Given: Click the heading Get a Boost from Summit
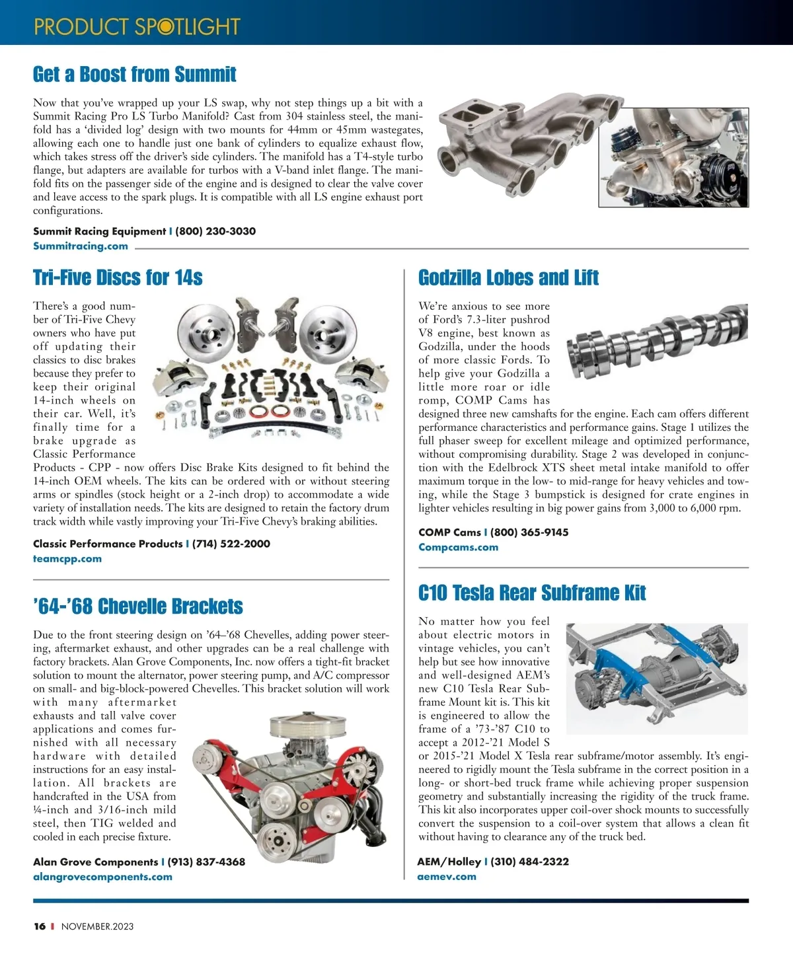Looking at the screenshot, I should coord(134,74).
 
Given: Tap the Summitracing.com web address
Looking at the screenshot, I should coord(81,246).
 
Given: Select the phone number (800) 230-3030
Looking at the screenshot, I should coord(215,231).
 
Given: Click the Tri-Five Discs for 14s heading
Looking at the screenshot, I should coord(118,277).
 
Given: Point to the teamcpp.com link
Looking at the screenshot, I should coord(67,558).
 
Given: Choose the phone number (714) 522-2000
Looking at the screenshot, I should coord(231,544).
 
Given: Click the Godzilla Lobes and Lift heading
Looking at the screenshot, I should coord(508,277).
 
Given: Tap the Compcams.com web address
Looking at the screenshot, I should coord(458,547).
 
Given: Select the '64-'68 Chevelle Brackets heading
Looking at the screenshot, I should coord(137,606).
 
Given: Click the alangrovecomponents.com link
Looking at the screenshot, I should coord(102,877).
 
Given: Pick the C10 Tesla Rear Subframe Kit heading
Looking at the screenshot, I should coord(532,593).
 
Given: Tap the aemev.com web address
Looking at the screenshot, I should coord(447,877).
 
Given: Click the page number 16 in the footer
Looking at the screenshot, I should coord(40,926).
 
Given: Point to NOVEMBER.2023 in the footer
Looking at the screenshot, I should coord(97,926).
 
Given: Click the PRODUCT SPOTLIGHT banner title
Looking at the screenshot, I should coord(137,26).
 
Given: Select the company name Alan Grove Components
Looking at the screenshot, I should coord(95,862).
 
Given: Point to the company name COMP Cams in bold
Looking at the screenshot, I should coord(449,533).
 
